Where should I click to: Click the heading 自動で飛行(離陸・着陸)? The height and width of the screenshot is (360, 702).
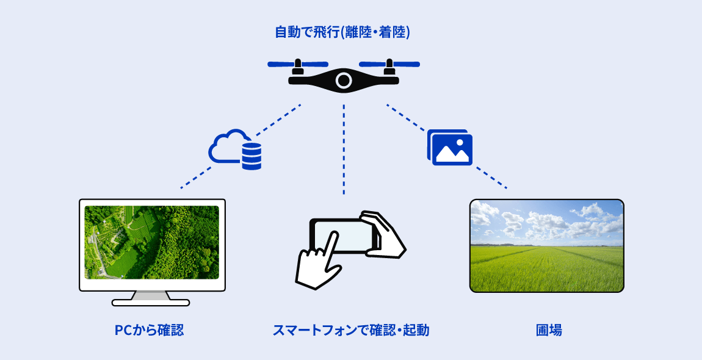(342, 33)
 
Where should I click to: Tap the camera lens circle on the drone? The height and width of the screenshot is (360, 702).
(344, 81)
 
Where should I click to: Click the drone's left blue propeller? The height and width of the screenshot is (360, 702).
(298, 64)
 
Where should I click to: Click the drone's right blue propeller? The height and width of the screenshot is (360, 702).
(389, 64)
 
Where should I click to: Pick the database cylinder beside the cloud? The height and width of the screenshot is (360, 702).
(251, 156)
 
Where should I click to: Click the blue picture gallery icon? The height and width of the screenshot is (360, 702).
(450, 147)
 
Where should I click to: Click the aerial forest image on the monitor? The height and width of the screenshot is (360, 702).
(152, 242)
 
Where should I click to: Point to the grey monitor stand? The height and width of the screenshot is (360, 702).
(151, 296)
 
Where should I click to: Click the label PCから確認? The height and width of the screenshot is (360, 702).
(149, 331)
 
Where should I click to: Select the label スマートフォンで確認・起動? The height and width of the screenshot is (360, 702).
(351, 331)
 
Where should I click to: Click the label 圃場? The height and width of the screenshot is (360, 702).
(549, 331)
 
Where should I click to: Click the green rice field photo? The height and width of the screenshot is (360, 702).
(547, 246)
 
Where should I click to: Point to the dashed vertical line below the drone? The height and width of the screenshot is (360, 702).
(344, 149)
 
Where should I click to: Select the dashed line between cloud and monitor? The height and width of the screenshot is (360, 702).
(196, 178)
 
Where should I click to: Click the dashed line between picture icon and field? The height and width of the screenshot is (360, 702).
(491, 178)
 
